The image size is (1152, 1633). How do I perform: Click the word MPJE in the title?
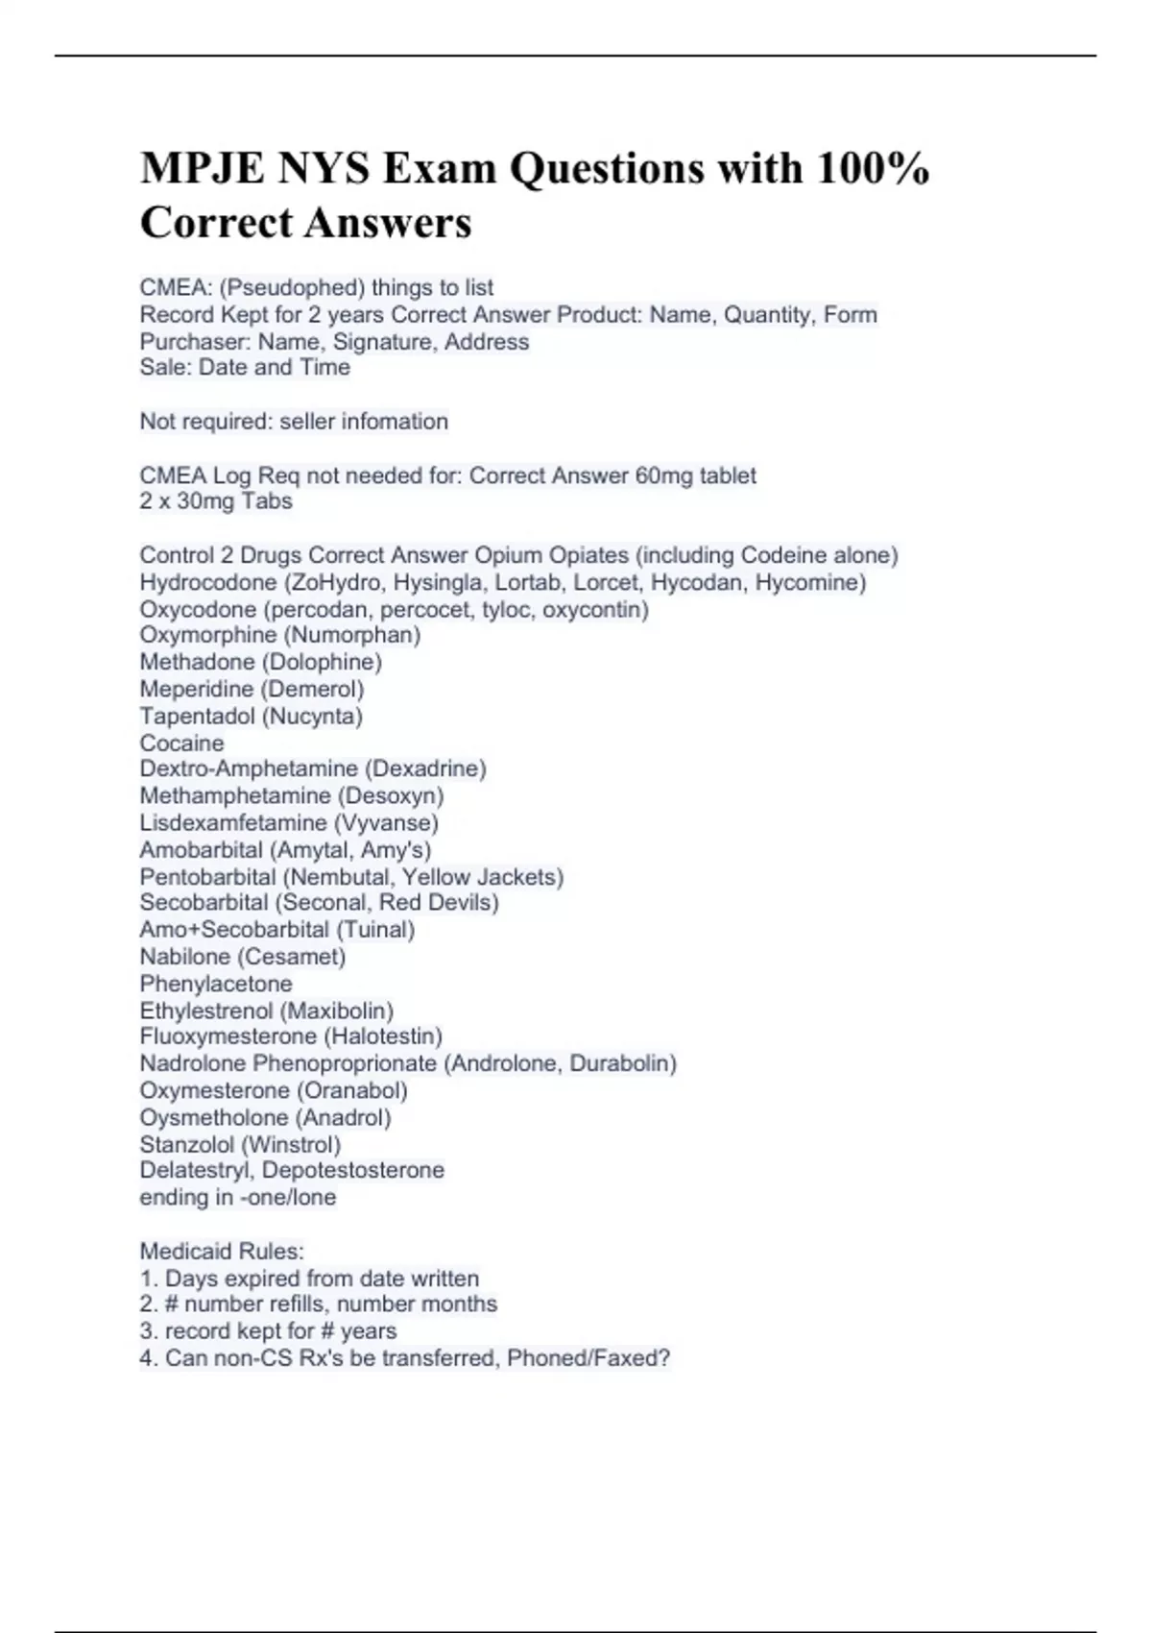click(x=199, y=169)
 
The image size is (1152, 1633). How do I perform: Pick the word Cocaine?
click(x=181, y=743)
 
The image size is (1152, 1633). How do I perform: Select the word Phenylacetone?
click(x=216, y=984)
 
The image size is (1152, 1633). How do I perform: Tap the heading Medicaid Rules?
click(x=222, y=1251)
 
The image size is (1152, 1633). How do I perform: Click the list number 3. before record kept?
click(x=149, y=1331)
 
